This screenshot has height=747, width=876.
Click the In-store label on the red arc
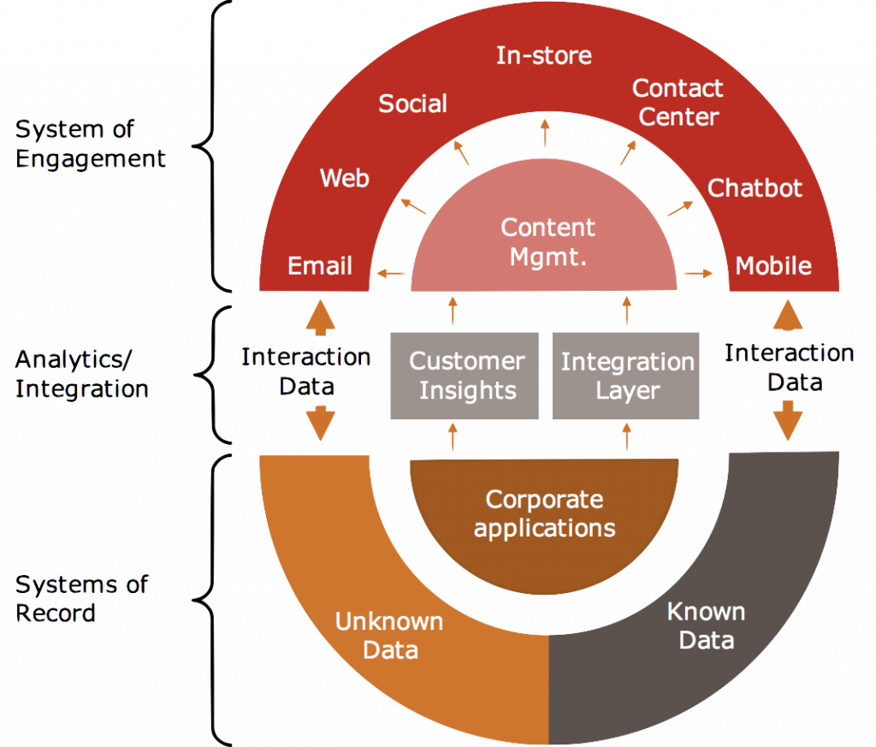[x=543, y=56]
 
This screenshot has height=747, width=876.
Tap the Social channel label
[x=412, y=104]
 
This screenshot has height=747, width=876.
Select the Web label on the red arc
[x=344, y=178]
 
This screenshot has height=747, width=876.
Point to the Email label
[x=320, y=266]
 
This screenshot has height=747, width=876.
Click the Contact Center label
[x=678, y=102]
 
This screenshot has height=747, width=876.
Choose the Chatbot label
[x=755, y=188]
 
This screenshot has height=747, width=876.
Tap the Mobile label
[x=773, y=266]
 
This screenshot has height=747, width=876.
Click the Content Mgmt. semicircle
[x=547, y=242]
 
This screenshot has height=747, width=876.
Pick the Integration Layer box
[x=626, y=376]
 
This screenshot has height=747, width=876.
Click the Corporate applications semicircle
[x=544, y=513]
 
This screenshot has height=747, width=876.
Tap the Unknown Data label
[x=389, y=635]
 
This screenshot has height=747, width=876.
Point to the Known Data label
[x=706, y=625]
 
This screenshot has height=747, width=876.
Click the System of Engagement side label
[x=90, y=145]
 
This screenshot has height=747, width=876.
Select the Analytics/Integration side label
[x=82, y=374]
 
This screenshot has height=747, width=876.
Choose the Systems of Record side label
[x=82, y=599]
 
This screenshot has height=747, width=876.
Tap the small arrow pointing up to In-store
[x=545, y=133]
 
